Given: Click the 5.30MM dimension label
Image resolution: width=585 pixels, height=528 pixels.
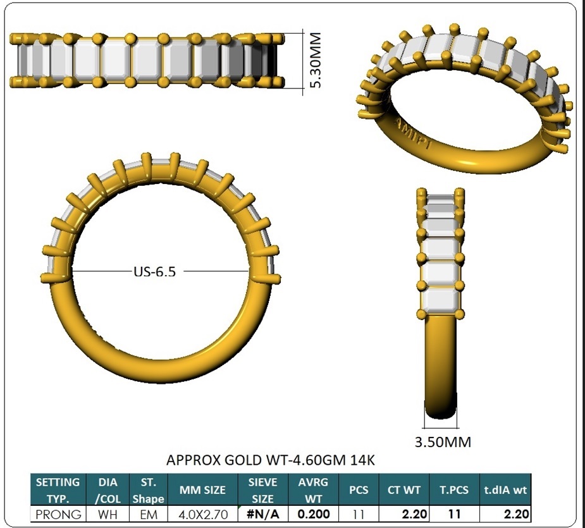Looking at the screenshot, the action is coord(315,60).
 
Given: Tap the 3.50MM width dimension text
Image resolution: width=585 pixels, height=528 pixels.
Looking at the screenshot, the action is coord(443,442).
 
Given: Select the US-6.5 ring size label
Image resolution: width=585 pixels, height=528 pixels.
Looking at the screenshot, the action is coord(154,272).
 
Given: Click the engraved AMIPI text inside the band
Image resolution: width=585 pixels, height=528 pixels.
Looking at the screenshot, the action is coord(414,134).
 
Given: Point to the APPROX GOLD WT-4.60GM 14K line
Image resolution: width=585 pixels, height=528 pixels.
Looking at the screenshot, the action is coord(271,460).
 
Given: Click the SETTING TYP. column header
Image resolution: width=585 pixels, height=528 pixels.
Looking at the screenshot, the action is coord(58,490).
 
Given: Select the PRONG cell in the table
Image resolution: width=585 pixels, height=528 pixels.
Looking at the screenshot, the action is coord(58,514).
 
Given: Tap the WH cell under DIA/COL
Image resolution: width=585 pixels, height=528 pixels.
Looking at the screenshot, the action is coord(108,514).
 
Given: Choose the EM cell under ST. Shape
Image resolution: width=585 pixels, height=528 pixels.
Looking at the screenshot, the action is coord(149,514).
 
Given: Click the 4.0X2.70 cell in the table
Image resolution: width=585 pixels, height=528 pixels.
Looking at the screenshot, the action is coord(203,514).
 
